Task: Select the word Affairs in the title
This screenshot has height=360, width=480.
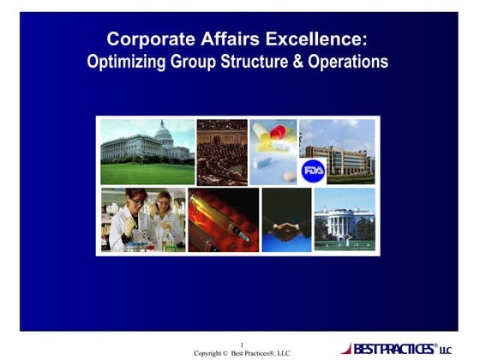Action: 217,39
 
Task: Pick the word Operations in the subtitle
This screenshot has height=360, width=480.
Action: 351,62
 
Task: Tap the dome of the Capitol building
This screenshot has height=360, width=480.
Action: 162,130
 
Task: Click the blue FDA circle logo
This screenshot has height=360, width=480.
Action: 313,170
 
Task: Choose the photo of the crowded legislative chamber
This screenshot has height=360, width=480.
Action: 222,152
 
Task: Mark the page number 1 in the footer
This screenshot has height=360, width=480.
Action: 241,345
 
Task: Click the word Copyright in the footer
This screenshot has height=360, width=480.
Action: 210,353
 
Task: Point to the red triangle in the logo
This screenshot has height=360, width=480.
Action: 345,349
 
